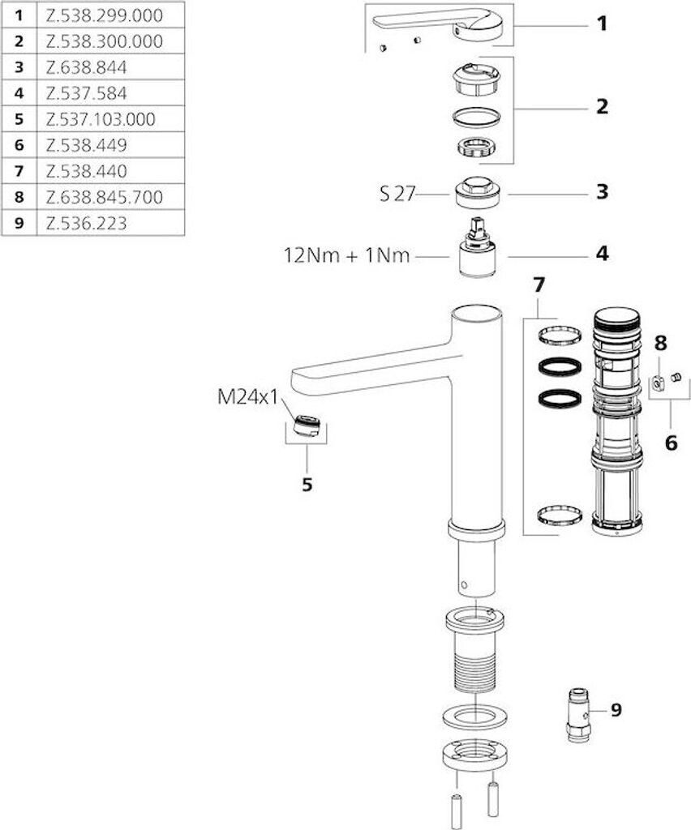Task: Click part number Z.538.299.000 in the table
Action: [x=105, y=15]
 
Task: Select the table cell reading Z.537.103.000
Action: [x=101, y=119]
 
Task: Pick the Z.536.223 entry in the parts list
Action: [x=86, y=223]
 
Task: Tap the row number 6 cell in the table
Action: [x=19, y=145]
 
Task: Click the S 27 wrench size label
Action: [x=397, y=195]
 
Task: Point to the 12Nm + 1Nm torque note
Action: [x=347, y=255]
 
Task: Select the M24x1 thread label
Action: [x=248, y=396]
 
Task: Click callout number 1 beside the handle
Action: [x=602, y=24]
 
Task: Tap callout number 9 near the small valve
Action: [x=616, y=709]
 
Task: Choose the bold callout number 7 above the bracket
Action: [x=539, y=285]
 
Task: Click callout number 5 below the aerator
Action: [x=307, y=485]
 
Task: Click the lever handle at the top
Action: [x=439, y=25]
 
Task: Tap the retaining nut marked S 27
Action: [x=477, y=191]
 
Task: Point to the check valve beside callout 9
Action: [x=578, y=715]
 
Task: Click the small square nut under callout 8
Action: [x=657, y=381]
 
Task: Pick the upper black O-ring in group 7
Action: [x=560, y=366]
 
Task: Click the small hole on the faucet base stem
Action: [x=465, y=585]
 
